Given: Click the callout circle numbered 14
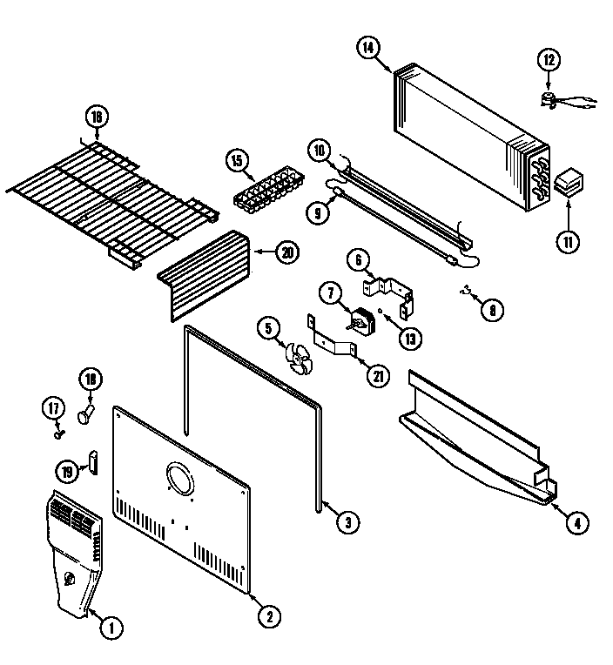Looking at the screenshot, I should coord(369,49).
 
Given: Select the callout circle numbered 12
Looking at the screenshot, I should coord(548,60).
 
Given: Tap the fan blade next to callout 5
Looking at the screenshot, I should coord(300,358).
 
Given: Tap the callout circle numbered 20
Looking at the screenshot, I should coord(286,252).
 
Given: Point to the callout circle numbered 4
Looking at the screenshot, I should coord(576,523).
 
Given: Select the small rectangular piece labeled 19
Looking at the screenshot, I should coord(91,461).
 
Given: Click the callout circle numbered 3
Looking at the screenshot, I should coord(347,522).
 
